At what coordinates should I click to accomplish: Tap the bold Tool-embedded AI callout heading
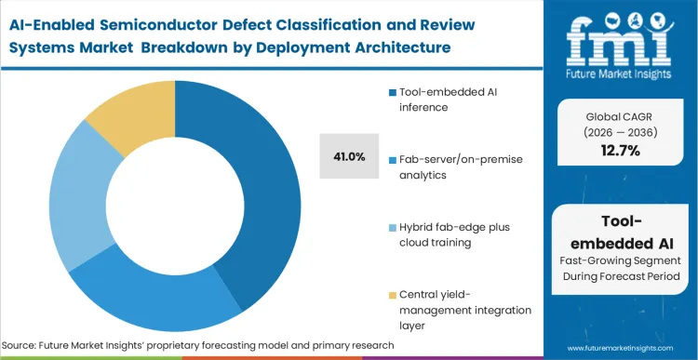621,233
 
